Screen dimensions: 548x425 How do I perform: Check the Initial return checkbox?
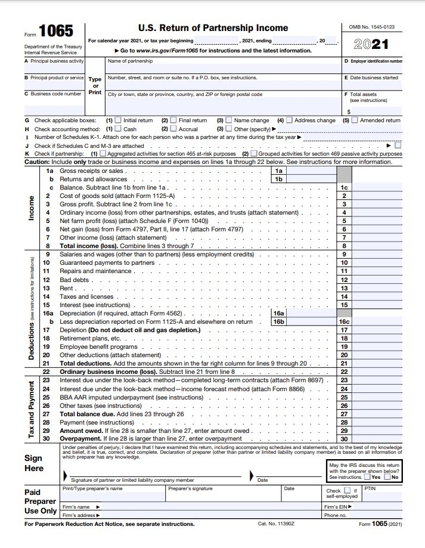coord(117,120)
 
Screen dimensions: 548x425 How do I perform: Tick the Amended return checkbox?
coord(355,120)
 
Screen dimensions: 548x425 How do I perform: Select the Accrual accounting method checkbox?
coord(173,128)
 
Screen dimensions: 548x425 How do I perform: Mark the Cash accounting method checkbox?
coord(117,128)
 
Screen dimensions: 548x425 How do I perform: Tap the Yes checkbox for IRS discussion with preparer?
coord(367,477)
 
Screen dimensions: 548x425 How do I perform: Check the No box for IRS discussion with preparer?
coord(387,477)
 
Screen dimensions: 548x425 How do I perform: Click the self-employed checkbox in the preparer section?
coord(347,490)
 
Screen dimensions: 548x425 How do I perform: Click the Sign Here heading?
coord(34,463)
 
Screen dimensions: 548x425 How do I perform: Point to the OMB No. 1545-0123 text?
coord(376,27)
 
